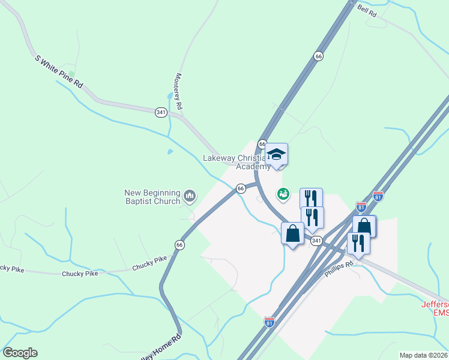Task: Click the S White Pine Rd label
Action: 58,72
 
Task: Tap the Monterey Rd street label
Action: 178,91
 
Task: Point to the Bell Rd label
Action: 366,10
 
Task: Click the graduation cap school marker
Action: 276,154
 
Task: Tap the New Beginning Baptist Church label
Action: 152,197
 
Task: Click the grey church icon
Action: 190,196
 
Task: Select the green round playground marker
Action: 283,194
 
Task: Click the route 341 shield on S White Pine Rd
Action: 160,112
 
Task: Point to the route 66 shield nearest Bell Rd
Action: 318,56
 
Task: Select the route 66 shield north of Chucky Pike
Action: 179,245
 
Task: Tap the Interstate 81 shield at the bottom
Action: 270,322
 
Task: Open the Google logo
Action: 20,353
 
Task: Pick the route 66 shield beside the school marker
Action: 262,144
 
